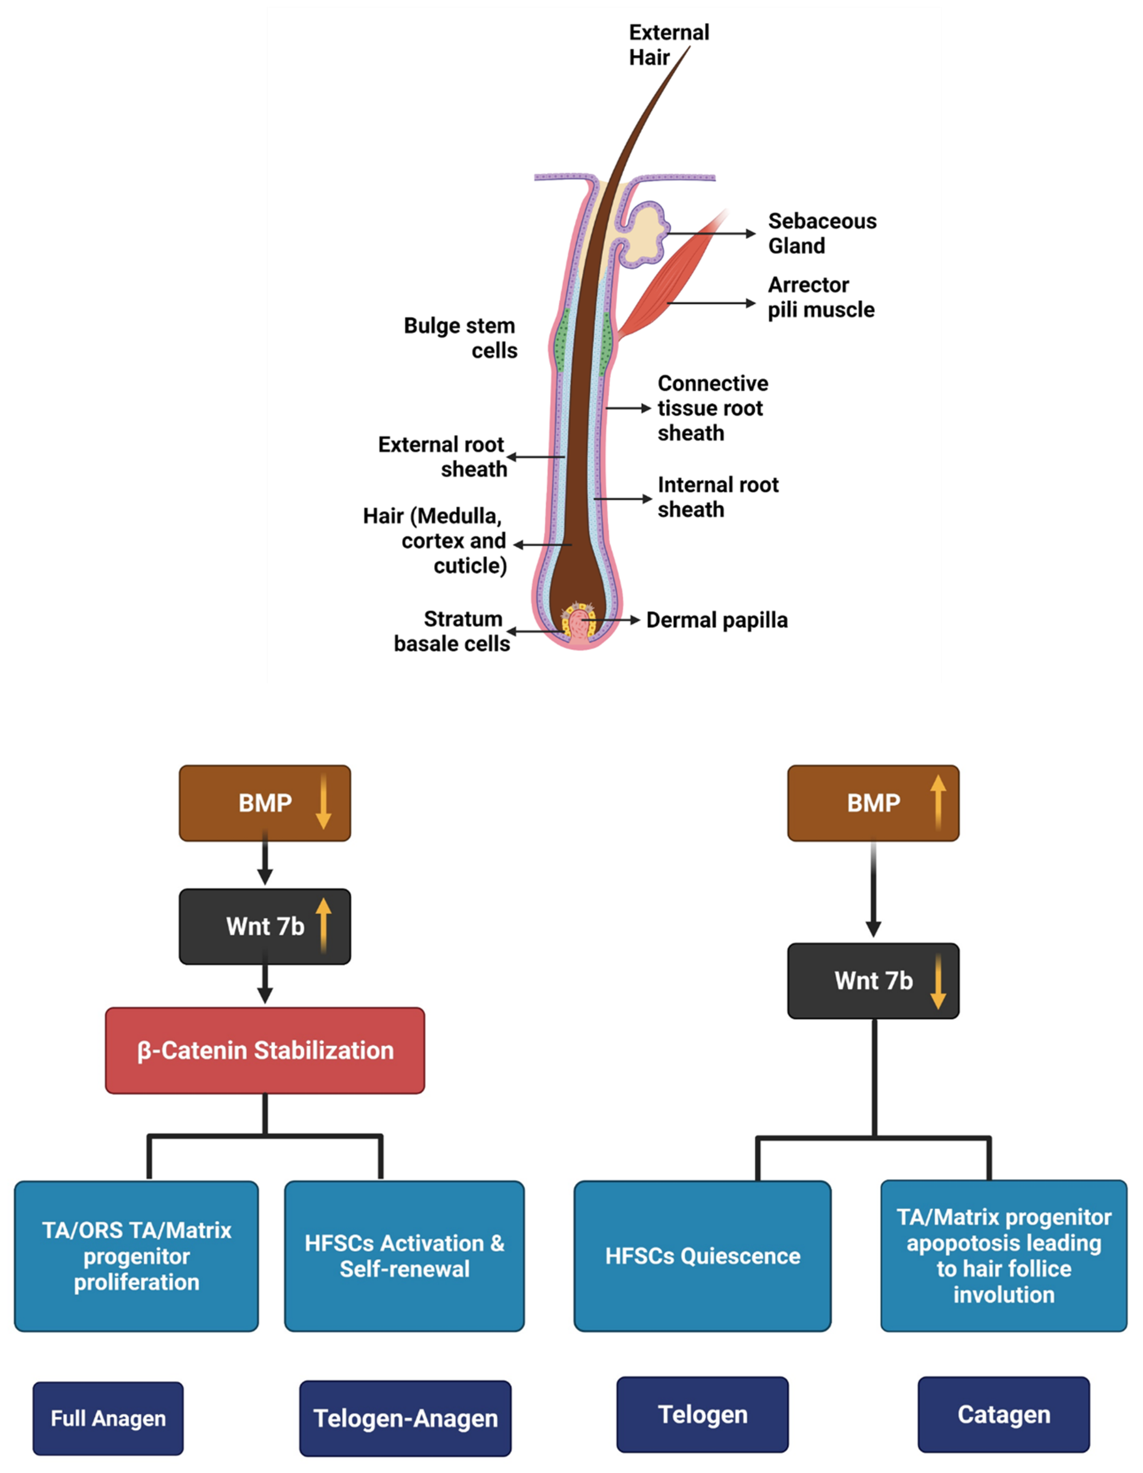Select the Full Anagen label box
108,1418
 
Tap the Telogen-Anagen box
405,1418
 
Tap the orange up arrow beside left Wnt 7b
324,925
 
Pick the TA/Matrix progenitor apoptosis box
1003,1256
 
